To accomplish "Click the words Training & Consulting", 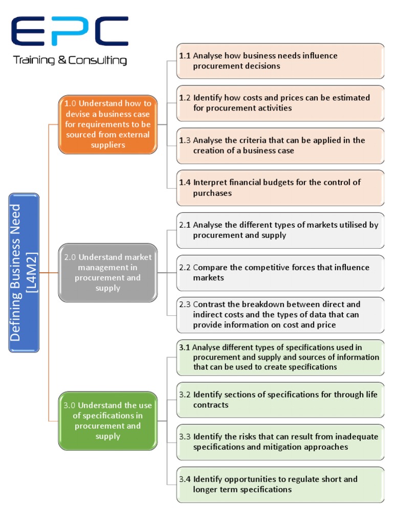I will (70, 61).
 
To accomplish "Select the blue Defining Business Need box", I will (24, 272).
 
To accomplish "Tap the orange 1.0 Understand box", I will (107, 124).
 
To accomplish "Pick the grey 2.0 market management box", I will (107, 272).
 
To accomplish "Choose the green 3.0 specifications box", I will (107, 421).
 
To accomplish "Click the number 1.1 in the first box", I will (185, 56).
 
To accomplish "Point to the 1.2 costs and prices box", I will (280, 103).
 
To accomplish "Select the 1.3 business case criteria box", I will (280, 145).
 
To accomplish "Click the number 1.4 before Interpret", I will (185, 183).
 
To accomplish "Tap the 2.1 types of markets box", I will (280, 230).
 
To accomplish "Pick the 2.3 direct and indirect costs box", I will (280, 315).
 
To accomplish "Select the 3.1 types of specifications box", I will (280, 357).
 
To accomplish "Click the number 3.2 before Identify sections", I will (185, 395).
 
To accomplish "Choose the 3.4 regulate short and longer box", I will (280, 484).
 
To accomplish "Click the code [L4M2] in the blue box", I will (32, 272).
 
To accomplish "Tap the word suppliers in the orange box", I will (108, 145).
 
